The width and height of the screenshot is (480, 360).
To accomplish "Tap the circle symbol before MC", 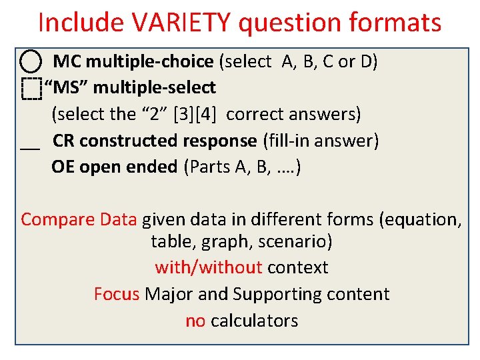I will pos(31,62).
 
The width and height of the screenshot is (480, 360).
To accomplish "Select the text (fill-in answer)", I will pos(321,141).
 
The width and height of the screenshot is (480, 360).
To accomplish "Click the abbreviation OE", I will pos(63,167).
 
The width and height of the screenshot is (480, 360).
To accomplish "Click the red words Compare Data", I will pos(79,219).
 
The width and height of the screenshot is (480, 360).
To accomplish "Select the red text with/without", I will pos(208,267).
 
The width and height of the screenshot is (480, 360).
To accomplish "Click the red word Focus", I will pos(117,294).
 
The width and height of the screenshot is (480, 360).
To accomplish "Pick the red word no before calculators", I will pos(195,321).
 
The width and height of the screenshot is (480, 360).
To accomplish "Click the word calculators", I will pos(254,321).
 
